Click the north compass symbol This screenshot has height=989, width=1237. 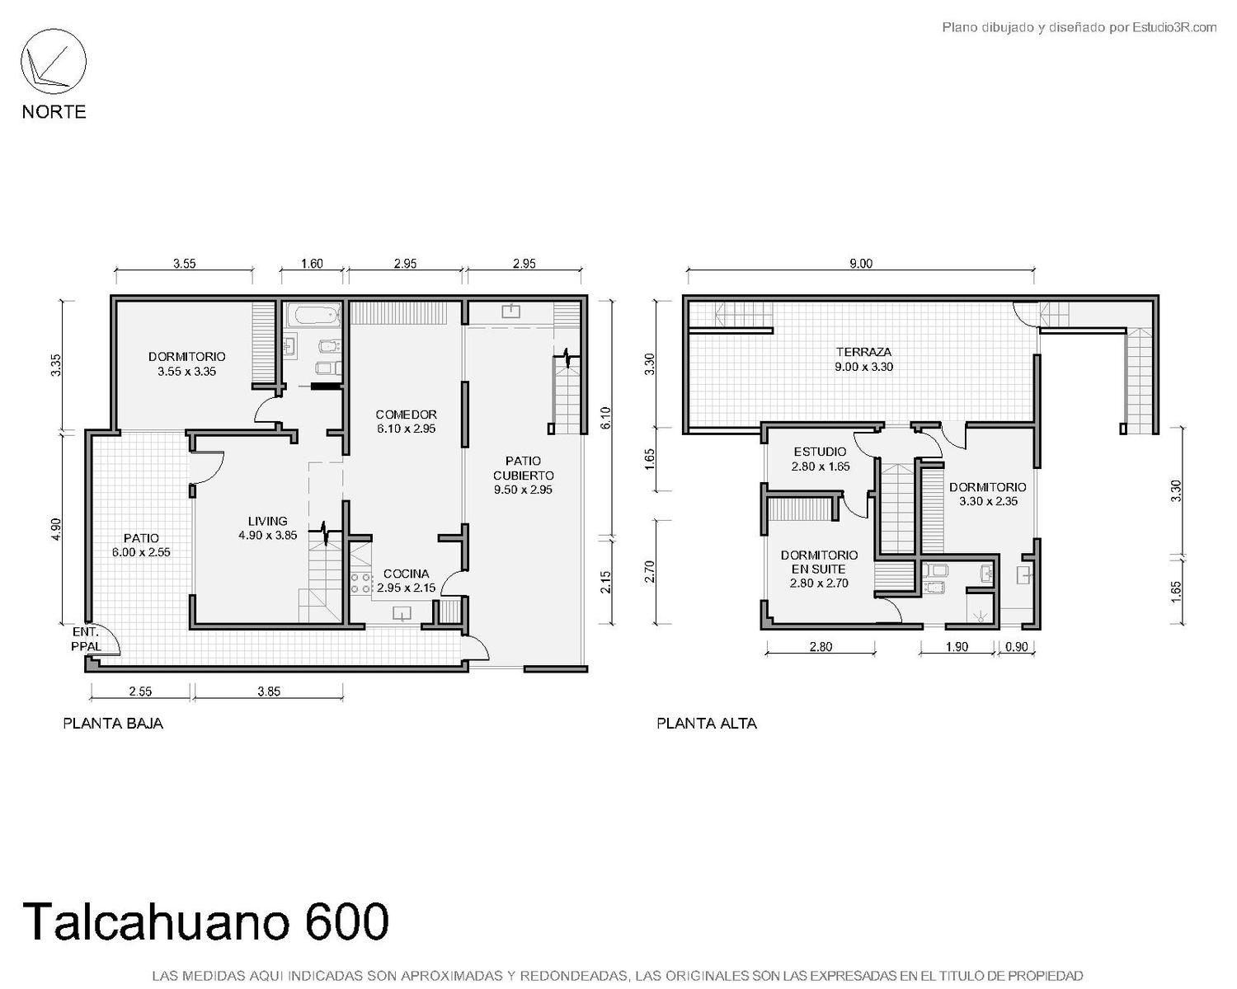click(x=54, y=62)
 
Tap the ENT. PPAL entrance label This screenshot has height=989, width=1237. click(x=86, y=639)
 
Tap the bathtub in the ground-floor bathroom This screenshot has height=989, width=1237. click(x=314, y=315)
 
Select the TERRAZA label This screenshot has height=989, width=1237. click(x=863, y=352)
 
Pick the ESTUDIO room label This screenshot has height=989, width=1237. click(x=820, y=452)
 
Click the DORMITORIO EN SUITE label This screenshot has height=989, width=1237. click(x=819, y=562)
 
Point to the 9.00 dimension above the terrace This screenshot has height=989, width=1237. click(x=860, y=263)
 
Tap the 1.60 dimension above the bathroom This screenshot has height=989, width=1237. click(x=312, y=263)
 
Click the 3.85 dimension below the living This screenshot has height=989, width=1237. click(x=269, y=691)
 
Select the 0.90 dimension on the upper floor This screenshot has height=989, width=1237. click(x=1016, y=646)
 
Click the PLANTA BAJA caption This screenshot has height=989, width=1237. click(x=113, y=724)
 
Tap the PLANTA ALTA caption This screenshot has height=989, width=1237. click(x=707, y=724)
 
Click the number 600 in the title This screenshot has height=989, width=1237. click(x=347, y=921)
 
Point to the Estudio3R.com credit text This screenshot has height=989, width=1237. click(x=1174, y=27)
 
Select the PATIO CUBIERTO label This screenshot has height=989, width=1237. click(x=523, y=468)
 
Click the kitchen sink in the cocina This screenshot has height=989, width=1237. click(x=402, y=614)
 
